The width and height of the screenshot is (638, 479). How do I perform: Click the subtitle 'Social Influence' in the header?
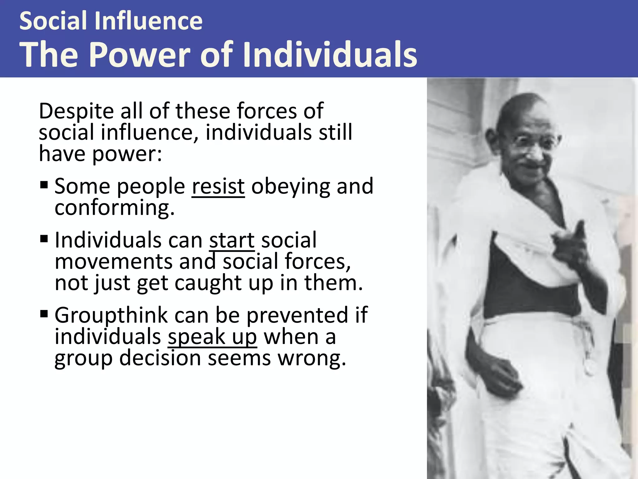pos(111,21)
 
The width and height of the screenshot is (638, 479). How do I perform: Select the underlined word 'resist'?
pos(218,186)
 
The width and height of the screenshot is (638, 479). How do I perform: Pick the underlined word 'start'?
pos(232,240)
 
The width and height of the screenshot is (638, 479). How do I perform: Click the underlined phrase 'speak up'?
pos(212,337)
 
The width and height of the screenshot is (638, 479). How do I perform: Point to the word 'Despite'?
pos(76,111)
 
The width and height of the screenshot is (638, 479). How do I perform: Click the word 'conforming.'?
pos(114,208)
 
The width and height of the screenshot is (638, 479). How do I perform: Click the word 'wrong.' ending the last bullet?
pos(312,358)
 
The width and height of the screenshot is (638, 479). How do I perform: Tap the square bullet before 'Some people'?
pos(44,185)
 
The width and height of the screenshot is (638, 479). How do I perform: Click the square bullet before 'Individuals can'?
pos(44,239)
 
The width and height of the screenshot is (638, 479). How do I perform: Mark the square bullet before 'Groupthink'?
pos(44,313)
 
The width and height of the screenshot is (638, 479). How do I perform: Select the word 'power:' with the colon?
pos(127,154)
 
